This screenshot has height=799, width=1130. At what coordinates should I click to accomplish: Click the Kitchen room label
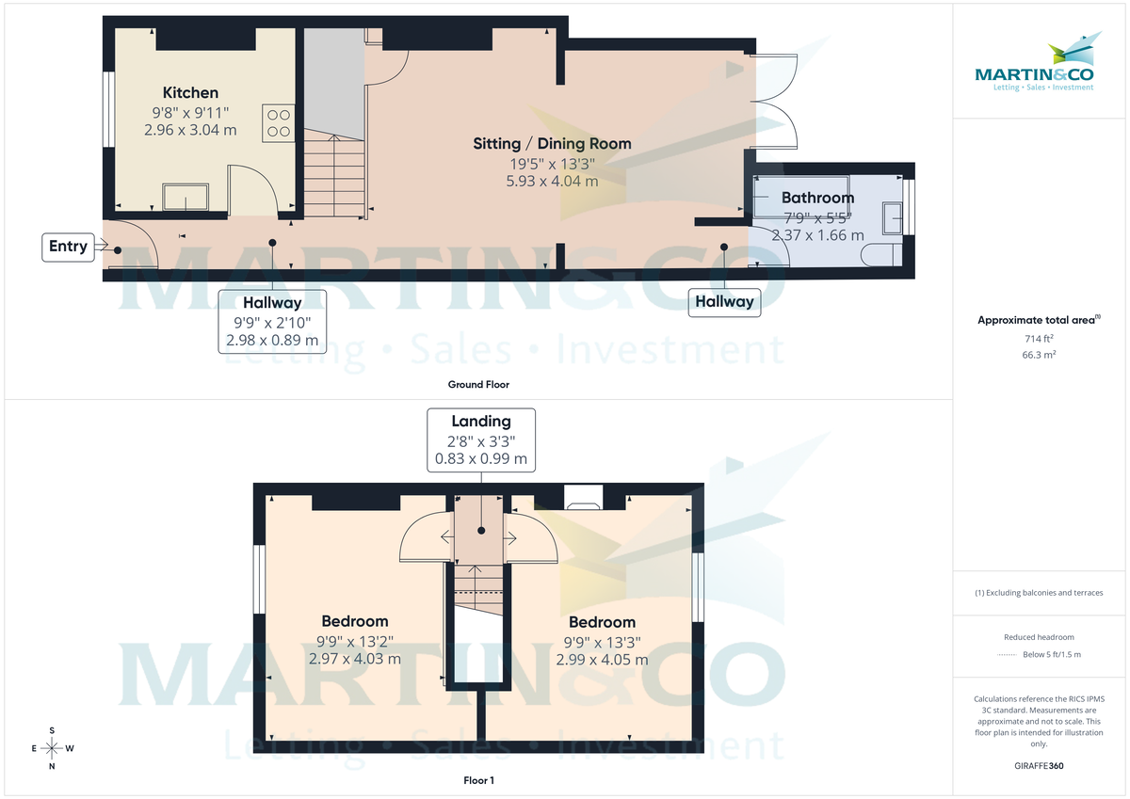tap(190, 92)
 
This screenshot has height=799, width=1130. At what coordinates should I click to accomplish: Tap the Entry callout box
tap(68, 247)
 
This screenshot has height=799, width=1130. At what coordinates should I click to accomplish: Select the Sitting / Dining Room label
tap(552, 144)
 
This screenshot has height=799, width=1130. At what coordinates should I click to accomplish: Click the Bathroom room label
tap(817, 198)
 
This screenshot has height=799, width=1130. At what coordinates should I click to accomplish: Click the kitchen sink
tap(186, 198)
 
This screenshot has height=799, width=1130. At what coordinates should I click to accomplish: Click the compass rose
tap(52, 748)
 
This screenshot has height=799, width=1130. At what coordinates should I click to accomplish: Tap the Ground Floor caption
tap(479, 384)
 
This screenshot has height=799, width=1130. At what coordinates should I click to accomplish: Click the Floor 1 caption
tap(478, 780)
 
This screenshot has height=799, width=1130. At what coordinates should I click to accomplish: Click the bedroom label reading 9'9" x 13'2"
tap(355, 641)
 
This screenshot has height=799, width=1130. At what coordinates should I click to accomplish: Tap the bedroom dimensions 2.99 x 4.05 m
tap(602, 660)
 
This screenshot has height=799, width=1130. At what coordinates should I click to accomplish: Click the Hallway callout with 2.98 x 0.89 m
tap(272, 321)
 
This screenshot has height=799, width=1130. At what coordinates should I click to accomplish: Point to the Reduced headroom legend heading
tap(1039, 637)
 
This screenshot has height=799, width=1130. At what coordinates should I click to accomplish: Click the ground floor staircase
tap(332, 174)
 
